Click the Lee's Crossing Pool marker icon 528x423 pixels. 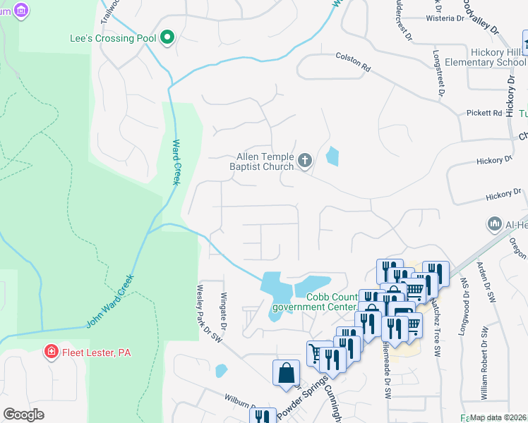pyautogui.click(x=167, y=37)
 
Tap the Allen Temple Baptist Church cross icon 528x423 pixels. pyautogui.click(x=305, y=161)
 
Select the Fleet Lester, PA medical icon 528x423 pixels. pyautogui.click(x=51, y=352)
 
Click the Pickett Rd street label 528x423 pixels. pyautogui.click(x=484, y=113)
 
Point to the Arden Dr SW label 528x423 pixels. pyautogui.click(x=484, y=282)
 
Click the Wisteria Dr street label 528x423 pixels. pyautogui.click(x=443, y=20)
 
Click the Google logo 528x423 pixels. pyautogui.click(x=23, y=414)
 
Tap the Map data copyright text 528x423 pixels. pyautogui.click(x=498, y=417)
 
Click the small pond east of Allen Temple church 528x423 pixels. pyautogui.click(x=332, y=156)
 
